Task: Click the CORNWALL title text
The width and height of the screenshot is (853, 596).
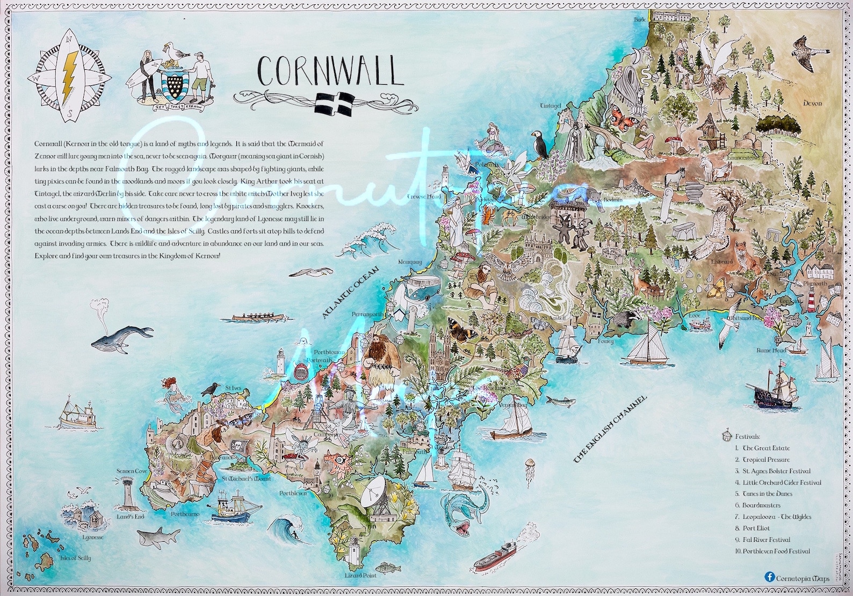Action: point(329,71)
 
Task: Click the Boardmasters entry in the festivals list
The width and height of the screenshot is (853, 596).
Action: point(761,505)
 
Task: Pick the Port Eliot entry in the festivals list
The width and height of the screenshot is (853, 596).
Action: point(755,528)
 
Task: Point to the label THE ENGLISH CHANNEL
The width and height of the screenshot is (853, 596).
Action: point(612,427)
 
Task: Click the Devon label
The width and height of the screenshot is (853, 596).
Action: point(812,103)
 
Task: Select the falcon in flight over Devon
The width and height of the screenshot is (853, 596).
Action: point(811,54)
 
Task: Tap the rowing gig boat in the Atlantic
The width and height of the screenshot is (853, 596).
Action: point(254,317)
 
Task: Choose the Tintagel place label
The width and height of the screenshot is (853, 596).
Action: point(550,106)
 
